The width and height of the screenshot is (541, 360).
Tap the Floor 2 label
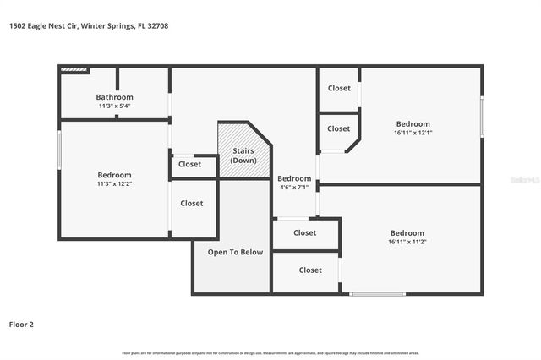click(x=21, y=324)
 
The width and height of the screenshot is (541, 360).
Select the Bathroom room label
click(x=114, y=97)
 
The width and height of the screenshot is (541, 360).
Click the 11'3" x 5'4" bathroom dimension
click(x=114, y=106)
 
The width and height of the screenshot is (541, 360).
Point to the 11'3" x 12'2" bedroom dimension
click(x=114, y=183)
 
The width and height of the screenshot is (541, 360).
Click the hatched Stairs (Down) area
click(x=243, y=152)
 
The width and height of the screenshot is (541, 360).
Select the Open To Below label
click(x=235, y=252)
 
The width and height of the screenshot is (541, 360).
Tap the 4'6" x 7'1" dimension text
click(x=294, y=188)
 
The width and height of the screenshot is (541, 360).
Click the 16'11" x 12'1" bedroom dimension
click(x=413, y=133)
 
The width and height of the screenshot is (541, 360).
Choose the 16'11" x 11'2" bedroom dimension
click(x=407, y=242)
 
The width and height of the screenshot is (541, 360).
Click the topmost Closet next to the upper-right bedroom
click(x=339, y=88)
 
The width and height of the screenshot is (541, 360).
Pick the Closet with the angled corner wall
click(x=338, y=128)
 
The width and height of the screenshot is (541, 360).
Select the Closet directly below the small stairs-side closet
click(x=192, y=203)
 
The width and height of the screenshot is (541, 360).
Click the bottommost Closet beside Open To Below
click(x=310, y=270)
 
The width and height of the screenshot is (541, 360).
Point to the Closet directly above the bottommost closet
click(x=305, y=233)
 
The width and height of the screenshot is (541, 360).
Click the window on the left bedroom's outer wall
click(x=59, y=149)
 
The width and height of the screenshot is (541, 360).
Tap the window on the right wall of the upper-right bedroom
click(x=482, y=116)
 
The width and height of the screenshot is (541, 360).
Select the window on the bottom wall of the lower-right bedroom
click(x=377, y=294)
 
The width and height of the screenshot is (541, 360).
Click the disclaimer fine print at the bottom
click(x=270, y=352)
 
